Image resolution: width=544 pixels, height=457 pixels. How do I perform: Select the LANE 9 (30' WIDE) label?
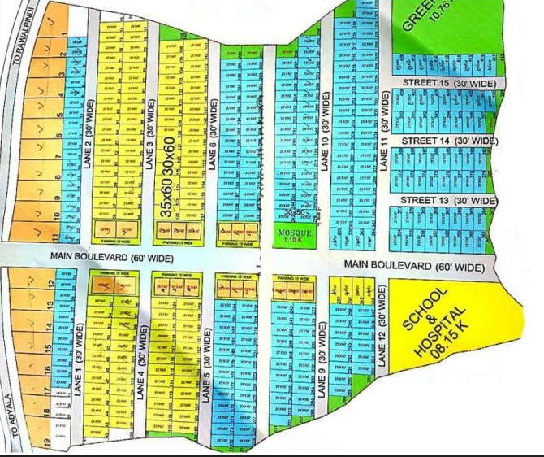(322, 359)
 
